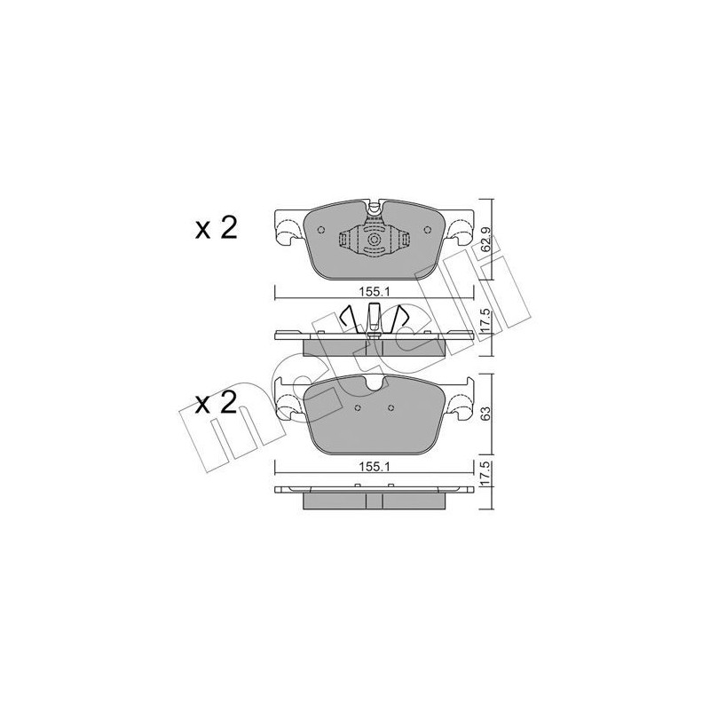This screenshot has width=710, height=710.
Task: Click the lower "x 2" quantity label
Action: click(x=215, y=405)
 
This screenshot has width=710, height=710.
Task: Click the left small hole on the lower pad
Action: click(x=356, y=408)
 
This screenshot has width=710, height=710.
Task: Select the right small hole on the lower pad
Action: click(x=391, y=408)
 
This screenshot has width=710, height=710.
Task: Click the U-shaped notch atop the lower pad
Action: click(x=374, y=384)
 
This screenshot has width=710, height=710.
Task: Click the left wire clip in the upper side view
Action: click(x=348, y=319)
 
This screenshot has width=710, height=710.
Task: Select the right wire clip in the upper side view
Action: click(x=401, y=319)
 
